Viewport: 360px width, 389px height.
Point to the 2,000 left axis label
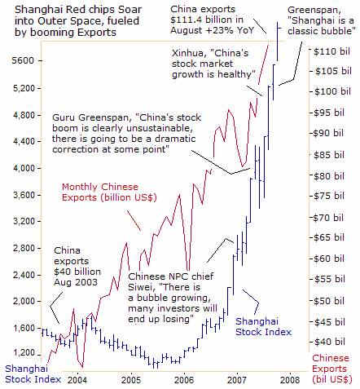coord(24,301)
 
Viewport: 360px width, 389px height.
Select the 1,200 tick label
coord(24,353)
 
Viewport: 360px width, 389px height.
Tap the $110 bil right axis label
coord(331,51)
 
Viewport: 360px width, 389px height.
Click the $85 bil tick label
coord(329,155)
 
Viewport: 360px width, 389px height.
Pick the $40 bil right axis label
coord(330,342)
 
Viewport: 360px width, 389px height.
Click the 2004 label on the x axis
coord(77,379)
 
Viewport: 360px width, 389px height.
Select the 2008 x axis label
coord(290,379)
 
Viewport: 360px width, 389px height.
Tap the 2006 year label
coord(184,379)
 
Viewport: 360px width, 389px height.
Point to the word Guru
coord(64,117)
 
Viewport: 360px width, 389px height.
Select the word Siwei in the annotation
coord(139,287)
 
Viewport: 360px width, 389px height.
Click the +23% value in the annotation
coord(220,30)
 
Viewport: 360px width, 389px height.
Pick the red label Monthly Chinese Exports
coord(109,192)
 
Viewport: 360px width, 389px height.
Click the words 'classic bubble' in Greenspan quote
coord(320,31)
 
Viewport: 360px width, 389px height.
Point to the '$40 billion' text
coord(77,272)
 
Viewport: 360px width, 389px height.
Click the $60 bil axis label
coord(329,259)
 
